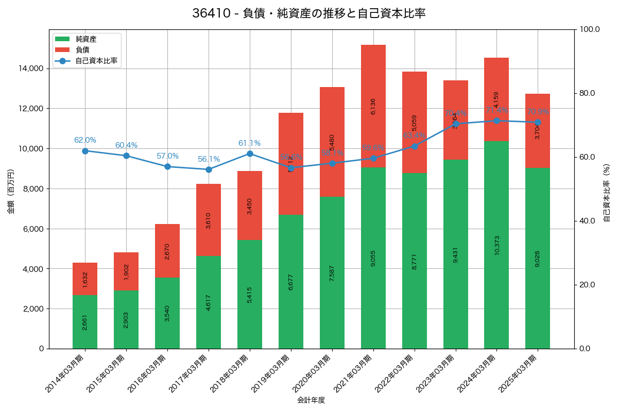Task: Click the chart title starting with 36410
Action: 309,13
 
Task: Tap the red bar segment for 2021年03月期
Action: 373,106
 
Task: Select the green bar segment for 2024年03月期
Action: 496,245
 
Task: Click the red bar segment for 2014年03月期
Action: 85,279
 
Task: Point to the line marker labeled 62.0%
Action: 85,151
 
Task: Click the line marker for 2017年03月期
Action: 209,169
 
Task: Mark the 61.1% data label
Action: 249,143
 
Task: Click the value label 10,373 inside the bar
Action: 496,245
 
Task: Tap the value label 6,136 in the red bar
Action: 373,106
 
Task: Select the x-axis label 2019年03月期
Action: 270,374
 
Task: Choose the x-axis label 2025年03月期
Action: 518,374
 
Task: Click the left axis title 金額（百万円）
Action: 11,192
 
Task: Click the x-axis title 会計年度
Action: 311,400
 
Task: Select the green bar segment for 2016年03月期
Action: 167,313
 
